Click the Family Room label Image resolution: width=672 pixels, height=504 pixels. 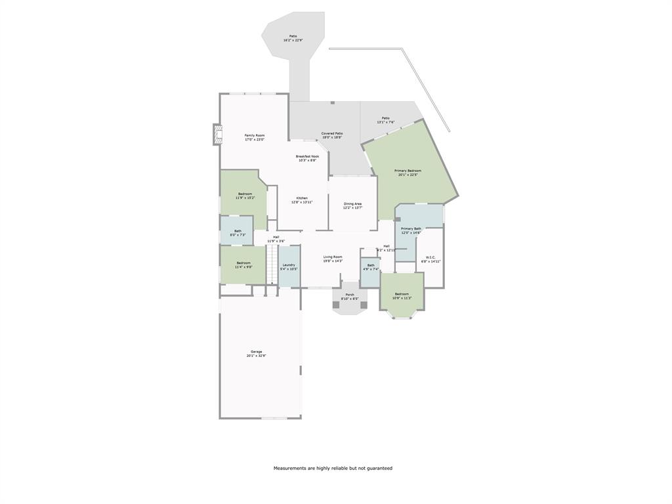coord(255,137)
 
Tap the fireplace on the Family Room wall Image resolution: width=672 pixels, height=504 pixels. coord(216,135)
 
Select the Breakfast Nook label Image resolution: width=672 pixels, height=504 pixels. coord(306,158)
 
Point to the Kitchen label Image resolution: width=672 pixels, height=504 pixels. coord(302,200)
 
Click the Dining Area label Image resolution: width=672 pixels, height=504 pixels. coord(352,206)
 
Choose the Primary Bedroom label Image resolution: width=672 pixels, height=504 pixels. coord(408,173)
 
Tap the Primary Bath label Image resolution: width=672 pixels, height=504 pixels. coord(411,230)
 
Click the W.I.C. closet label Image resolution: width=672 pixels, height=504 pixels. coord(430,259)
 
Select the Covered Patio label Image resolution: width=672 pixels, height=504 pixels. coord(332,135)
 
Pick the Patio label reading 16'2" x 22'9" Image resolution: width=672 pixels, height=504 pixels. coord(293,38)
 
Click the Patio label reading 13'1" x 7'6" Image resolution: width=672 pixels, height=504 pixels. coord(385,120)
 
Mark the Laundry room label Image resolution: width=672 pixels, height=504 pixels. coord(289,266)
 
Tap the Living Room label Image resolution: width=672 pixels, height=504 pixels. coord(333,259)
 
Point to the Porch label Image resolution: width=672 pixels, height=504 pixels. coord(350,297)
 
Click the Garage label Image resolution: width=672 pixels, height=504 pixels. coord(256,354)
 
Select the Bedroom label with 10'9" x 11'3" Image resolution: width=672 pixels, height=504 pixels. coord(402,296)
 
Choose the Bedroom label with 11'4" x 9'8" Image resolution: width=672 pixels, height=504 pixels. coord(244,264)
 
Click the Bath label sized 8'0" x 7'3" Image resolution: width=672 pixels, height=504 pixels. coord(238,232)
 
